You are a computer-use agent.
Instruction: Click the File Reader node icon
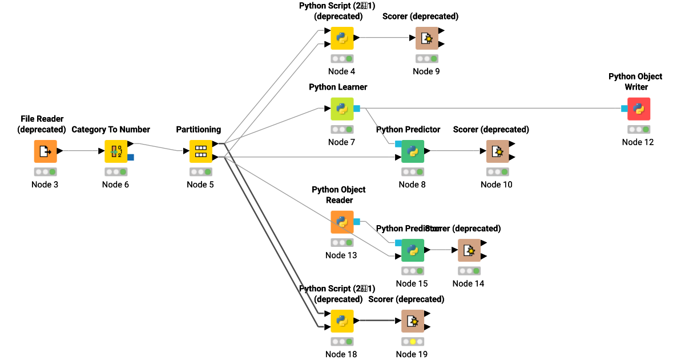click(x=45, y=151)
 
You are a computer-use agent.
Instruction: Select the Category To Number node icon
click(x=116, y=151)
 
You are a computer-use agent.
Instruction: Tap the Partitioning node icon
click(x=200, y=151)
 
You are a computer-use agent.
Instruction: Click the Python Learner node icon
click(x=342, y=109)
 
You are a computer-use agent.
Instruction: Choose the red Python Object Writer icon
click(x=638, y=109)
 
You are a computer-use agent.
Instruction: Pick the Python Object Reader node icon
click(x=342, y=222)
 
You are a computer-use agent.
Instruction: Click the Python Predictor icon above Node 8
click(x=413, y=151)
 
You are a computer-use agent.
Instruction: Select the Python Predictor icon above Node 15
click(x=413, y=250)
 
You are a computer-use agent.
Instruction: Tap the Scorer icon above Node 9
click(x=426, y=38)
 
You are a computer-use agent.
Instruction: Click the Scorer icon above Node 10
click(x=497, y=151)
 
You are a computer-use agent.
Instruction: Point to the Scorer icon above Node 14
click(x=469, y=250)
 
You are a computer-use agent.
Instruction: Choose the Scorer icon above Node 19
click(x=412, y=321)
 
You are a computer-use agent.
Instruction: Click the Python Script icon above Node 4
click(x=342, y=38)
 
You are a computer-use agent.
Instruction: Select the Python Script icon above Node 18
click(x=342, y=321)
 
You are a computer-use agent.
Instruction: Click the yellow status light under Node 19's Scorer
click(x=412, y=342)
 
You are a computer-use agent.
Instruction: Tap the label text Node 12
click(x=638, y=142)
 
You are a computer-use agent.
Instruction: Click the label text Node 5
click(x=200, y=185)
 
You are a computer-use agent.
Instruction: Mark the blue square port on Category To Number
click(x=131, y=157)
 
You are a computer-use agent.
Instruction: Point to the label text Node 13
click(x=341, y=255)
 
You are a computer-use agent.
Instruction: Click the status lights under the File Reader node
click(x=45, y=171)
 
